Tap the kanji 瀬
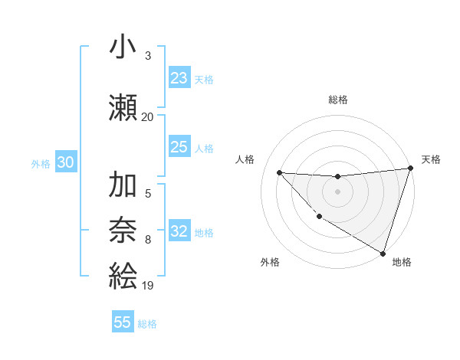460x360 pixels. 123,106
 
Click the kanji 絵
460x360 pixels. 123,274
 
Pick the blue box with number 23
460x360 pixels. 179,78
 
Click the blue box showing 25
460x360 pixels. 179,147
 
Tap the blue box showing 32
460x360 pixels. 179,231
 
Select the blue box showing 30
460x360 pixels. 66,162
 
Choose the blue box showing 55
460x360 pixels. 123,322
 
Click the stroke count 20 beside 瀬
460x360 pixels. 147,117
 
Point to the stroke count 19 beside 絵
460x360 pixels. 147,286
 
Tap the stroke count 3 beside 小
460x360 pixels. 147,55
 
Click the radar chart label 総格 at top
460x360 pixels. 337,100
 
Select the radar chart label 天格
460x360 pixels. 431,159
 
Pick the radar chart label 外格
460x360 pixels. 270,262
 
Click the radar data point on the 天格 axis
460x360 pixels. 410,169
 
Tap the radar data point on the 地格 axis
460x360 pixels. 383,253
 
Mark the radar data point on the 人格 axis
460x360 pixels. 279,172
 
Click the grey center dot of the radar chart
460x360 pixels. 337,191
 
